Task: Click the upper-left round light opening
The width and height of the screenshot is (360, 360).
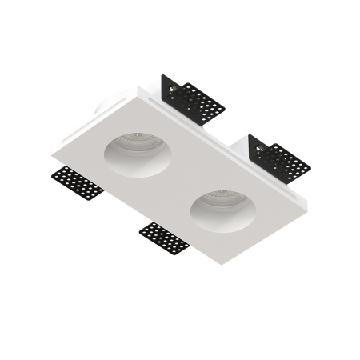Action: tap(133, 153)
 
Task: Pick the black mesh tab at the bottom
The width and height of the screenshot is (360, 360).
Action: tap(164, 237)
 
